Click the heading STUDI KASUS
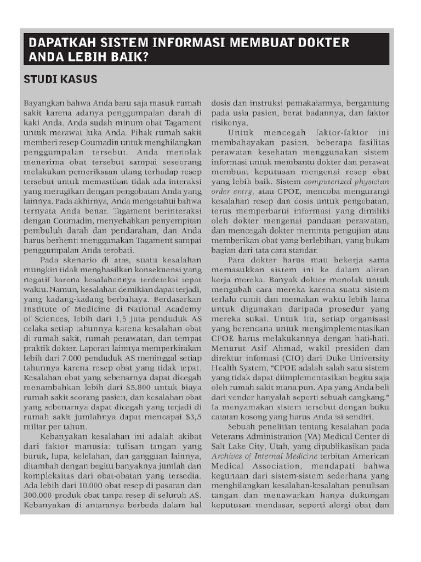[60, 80]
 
